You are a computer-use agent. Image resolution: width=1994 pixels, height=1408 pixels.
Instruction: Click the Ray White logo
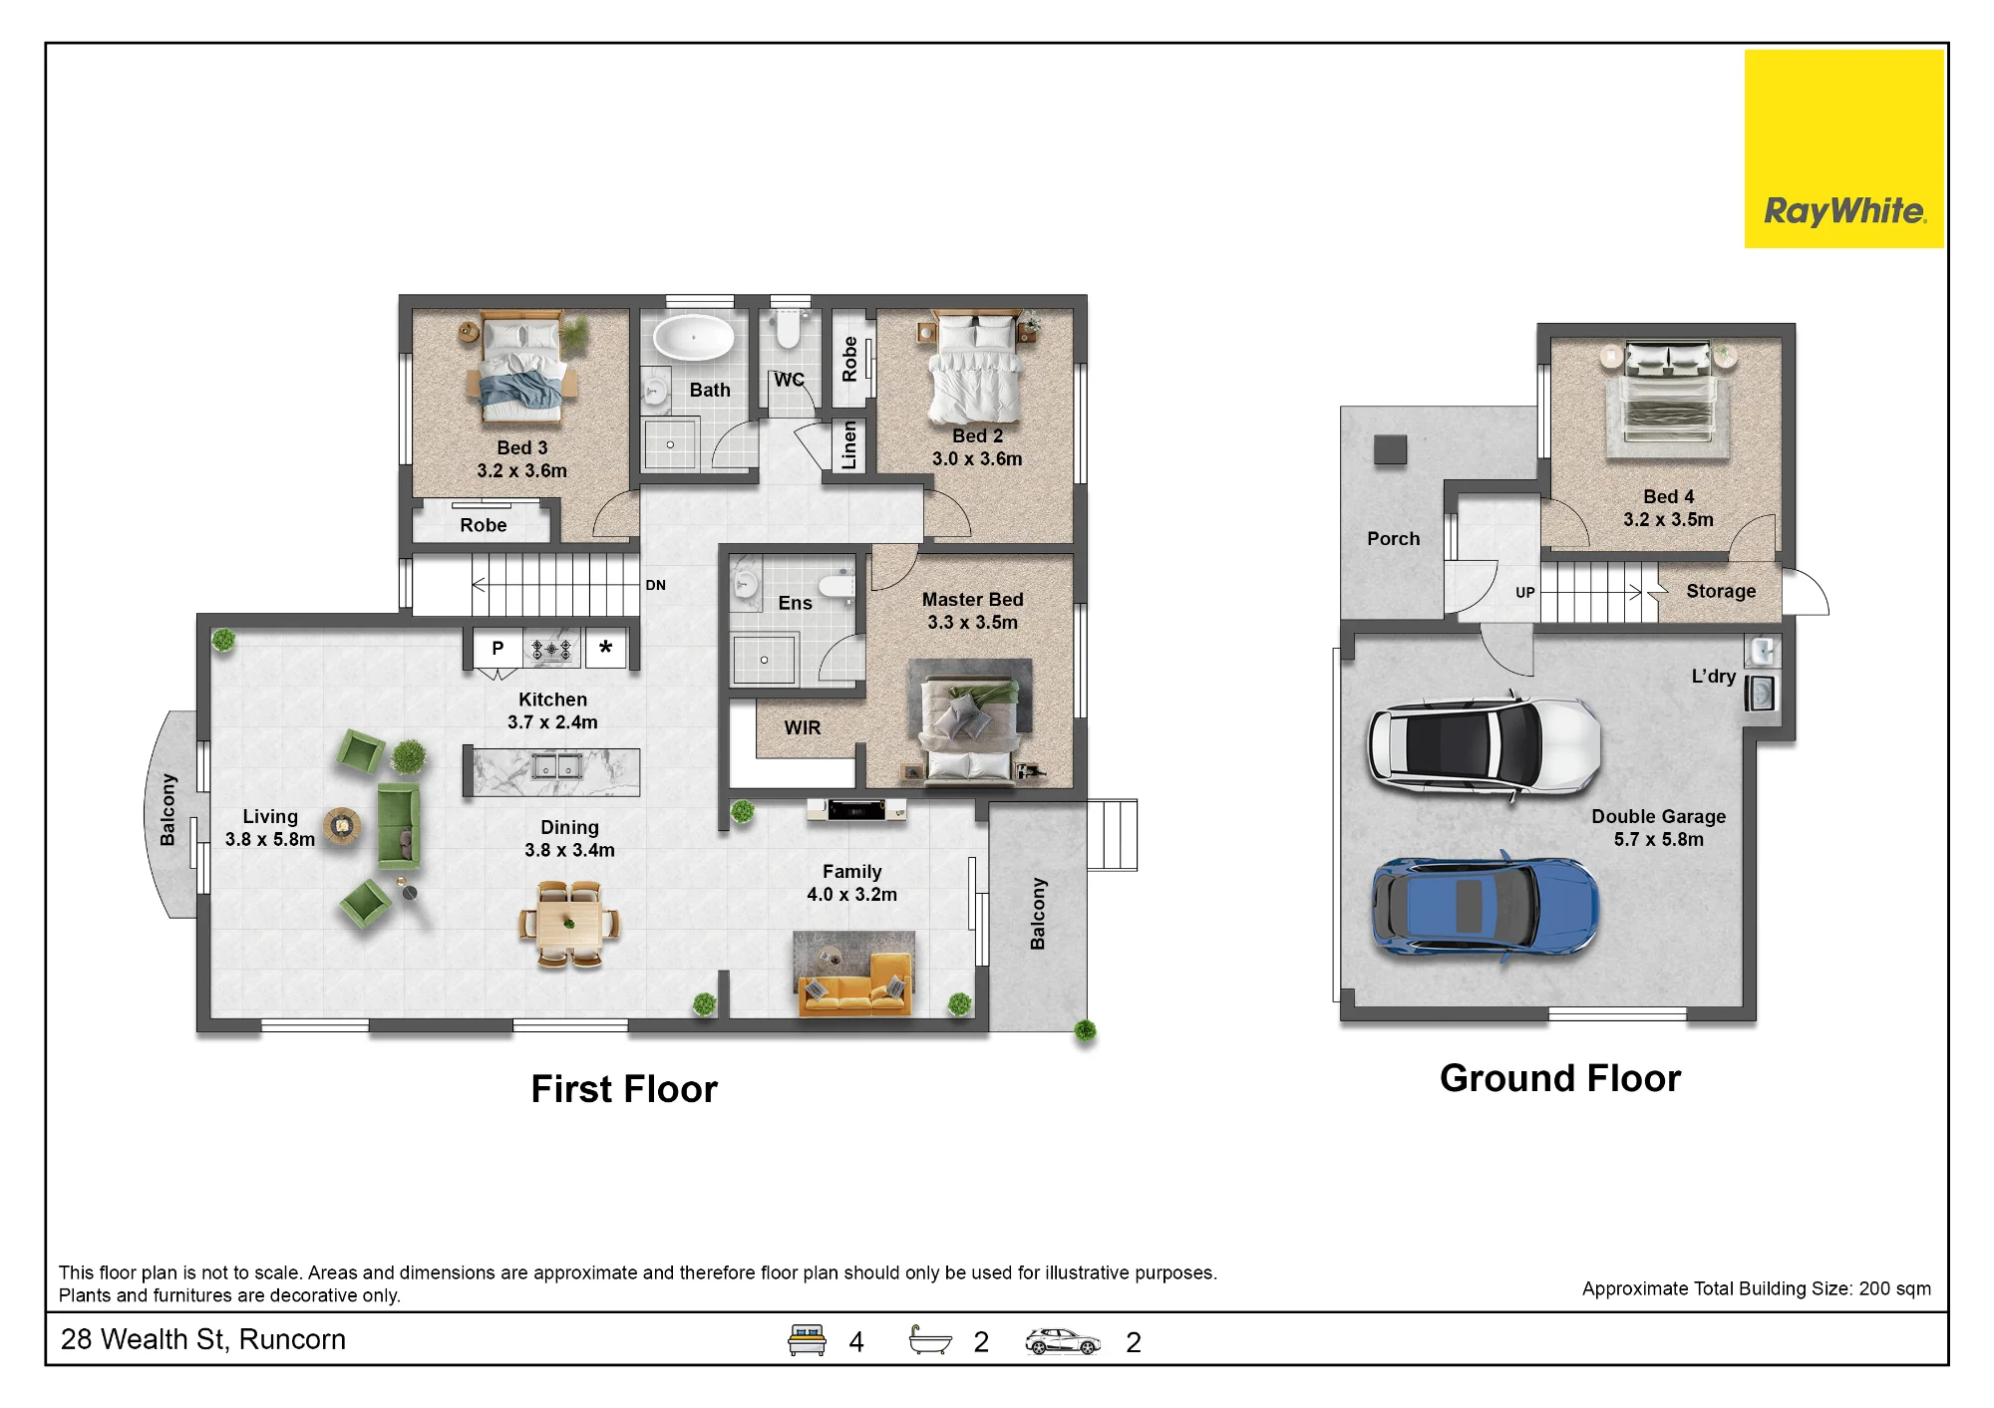tap(1843, 148)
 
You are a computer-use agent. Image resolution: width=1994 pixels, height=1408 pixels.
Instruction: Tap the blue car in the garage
tap(1486, 907)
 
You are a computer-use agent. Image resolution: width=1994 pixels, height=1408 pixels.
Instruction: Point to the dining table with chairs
tap(569, 925)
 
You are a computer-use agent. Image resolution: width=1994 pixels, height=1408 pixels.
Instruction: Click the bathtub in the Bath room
tap(693, 338)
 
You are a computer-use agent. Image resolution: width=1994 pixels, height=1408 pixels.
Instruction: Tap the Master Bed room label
tap(972, 611)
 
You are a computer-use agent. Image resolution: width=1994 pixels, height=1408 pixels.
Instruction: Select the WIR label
tap(803, 727)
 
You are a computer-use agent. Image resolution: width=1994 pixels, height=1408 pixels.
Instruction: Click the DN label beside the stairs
tap(655, 585)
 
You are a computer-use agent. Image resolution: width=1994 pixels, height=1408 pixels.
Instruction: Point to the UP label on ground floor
tap(1525, 592)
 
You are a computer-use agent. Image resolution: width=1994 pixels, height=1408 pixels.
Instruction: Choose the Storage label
tap(1721, 591)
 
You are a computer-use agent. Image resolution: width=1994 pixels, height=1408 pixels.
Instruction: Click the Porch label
tap(1393, 538)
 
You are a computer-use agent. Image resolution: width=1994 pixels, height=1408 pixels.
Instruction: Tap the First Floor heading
tap(624, 1089)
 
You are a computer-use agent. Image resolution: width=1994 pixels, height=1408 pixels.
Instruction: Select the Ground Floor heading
tap(1560, 1078)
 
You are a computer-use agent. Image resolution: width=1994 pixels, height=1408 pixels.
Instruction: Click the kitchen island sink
tap(556, 766)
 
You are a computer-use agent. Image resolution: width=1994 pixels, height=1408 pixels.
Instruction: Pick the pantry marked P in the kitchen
tap(498, 649)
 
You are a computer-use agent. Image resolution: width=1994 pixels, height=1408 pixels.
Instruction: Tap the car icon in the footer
tap(1063, 1341)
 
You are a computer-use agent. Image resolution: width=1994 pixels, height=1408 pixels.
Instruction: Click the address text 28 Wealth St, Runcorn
tap(203, 1339)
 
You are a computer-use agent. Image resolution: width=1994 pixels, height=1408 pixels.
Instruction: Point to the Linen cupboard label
tap(848, 445)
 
